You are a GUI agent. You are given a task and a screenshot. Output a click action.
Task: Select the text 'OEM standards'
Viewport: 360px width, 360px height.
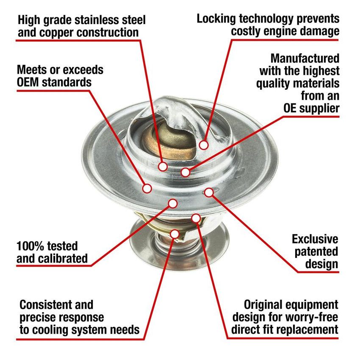pyautogui.click(x=54, y=82)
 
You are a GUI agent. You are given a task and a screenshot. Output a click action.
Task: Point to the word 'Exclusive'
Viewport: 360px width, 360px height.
pyautogui.click(x=315, y=239)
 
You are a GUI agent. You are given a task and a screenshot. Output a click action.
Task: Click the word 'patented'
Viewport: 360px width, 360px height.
pyautogui.click(x=316, y=252)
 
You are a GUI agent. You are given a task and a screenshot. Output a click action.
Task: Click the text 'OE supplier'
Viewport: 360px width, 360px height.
pyautogui.click(x=311, y=108)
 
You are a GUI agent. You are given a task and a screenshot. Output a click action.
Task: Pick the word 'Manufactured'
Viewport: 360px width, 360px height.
pyautogui.click(x=305, y=58)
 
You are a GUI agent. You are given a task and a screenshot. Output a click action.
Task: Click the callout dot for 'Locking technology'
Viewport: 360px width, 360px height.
pyautogui.click(x=204, y=145)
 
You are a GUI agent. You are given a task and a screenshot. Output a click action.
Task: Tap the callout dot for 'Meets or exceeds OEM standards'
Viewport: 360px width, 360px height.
pyautogui.click(x=147, y=188)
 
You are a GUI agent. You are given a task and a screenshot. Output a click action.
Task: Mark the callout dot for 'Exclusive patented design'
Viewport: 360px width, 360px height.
pyautogui.click(x=209, y=192)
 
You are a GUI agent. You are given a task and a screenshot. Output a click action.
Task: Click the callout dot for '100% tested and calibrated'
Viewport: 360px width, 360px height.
pyautogui.click(x=172, y=204)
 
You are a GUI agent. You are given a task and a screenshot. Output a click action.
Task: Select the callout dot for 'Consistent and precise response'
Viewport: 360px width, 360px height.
pyautogui.click(x=175, y=234)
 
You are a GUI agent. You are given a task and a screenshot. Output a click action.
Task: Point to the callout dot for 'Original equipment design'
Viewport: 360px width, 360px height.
pyautogui.click(x=196, y=218)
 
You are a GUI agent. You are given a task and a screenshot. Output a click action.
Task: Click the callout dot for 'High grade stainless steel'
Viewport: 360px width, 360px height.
pyautogui.click(x=163, y=166)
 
